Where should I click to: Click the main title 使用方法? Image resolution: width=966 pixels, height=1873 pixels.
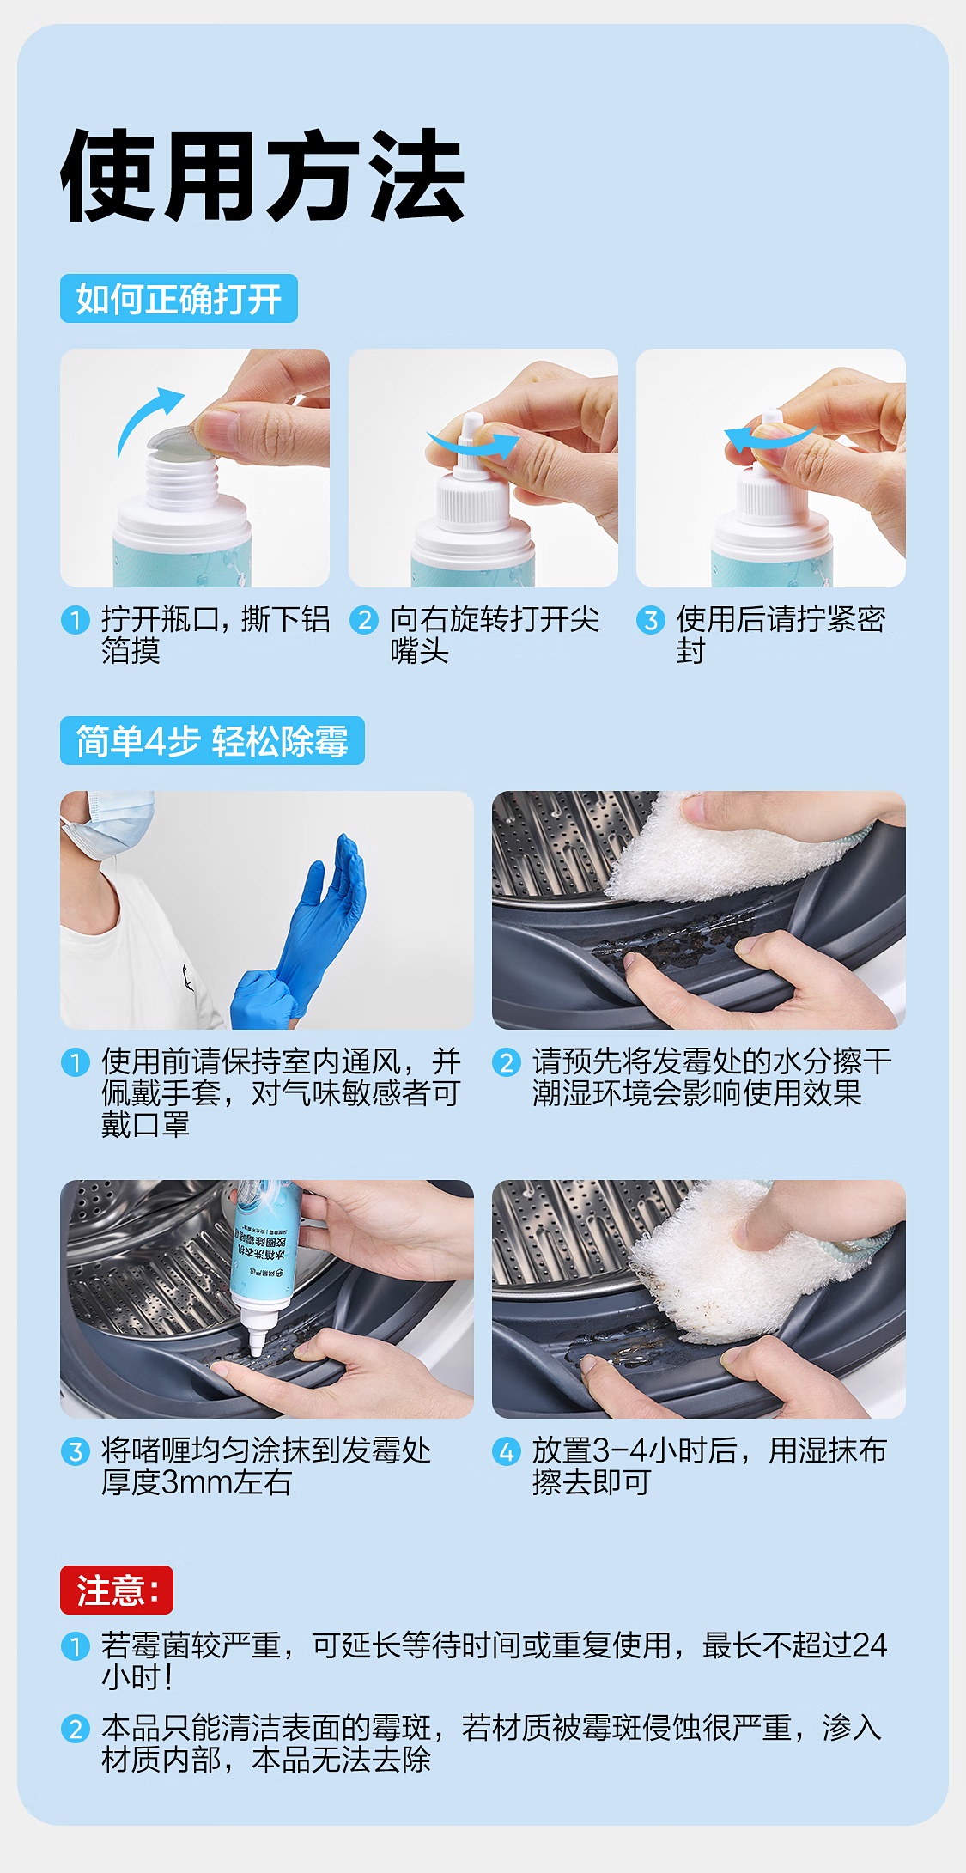pos(263,176)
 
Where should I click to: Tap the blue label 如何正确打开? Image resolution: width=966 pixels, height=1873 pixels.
pos(179,299)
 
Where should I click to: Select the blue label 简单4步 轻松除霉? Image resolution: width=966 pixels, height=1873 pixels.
pos(212,740)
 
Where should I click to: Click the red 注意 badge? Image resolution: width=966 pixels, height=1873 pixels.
pos(117,1590)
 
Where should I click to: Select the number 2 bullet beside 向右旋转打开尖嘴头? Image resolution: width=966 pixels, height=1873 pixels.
pos(364,619)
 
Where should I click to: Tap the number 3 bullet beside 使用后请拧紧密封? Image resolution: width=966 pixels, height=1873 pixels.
pos(651,619)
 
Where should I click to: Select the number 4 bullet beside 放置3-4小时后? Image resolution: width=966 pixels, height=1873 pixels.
pos(506,1451)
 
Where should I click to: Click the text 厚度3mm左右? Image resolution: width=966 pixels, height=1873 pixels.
pos(197,1482)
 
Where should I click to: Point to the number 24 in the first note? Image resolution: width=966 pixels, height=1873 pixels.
pos(870,1645)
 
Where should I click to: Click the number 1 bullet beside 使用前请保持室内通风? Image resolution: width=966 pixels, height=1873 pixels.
pos(76,1062)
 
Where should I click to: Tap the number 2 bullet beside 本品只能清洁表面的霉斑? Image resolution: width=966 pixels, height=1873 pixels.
pos(76,1728)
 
